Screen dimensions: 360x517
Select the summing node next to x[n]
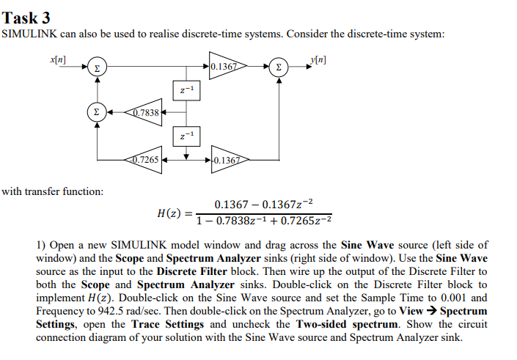[95, 67]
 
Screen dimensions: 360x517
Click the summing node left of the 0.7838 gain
[95, 113]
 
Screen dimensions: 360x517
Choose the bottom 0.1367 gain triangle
[227, 159]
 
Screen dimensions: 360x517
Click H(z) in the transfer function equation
[170, 213]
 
